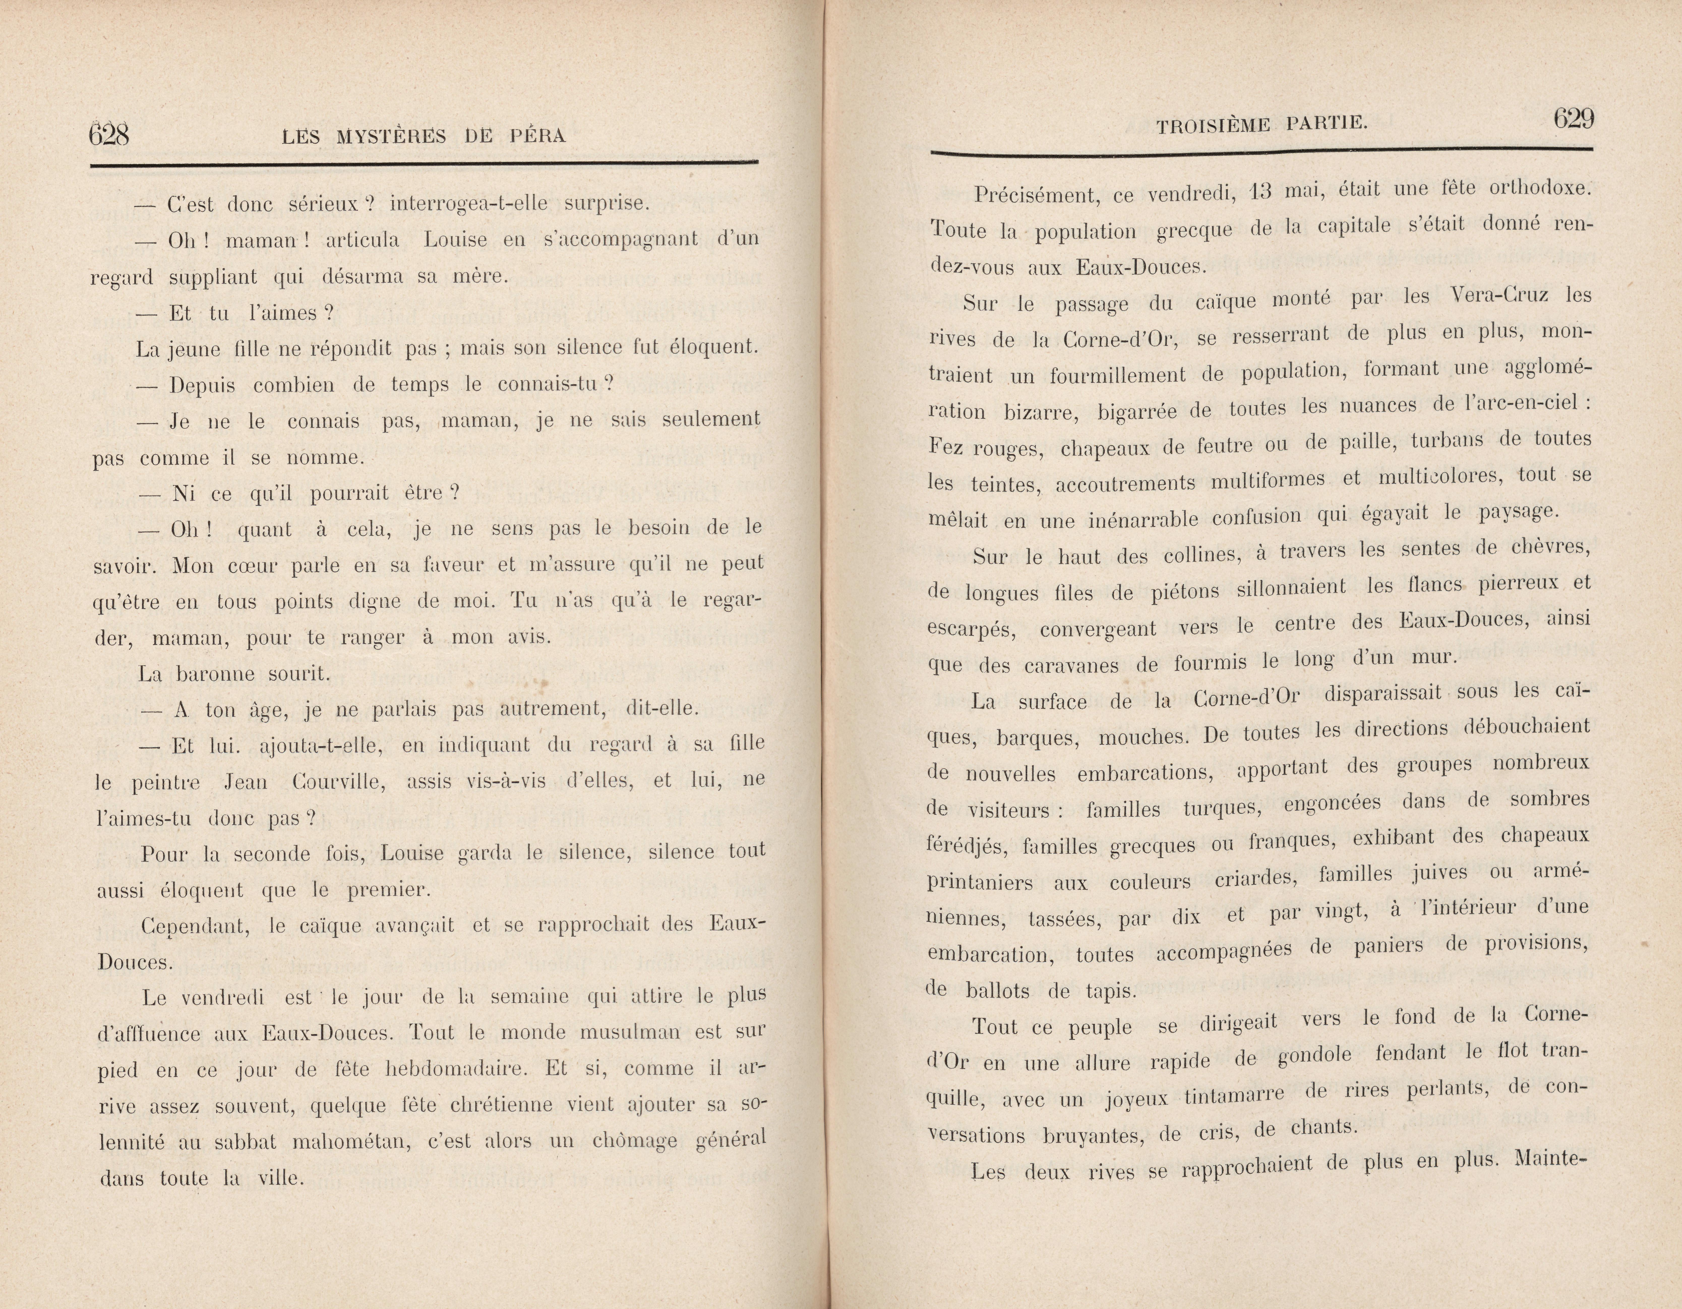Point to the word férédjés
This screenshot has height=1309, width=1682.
click(967, 845)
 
